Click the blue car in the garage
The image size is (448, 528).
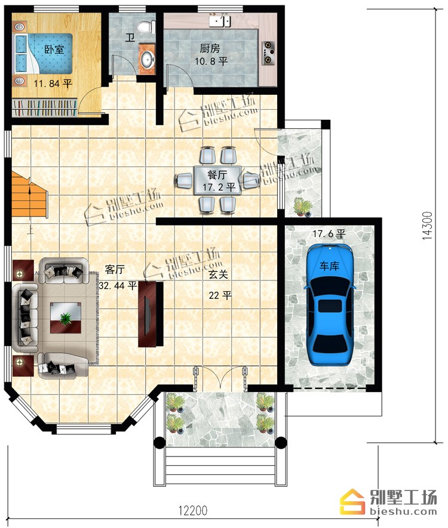[329, 305]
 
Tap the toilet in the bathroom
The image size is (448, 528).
[148, 27]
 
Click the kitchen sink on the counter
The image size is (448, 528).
[220, 21]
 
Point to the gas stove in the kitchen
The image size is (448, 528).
[268, 53]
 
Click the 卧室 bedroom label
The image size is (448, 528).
[54, 50]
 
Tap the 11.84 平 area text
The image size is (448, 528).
[53, 83]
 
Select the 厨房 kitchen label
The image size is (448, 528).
[210, 48]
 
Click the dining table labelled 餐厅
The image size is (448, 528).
[218, 181]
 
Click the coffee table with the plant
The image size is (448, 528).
[66, 318]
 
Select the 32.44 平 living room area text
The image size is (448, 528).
[118, 286]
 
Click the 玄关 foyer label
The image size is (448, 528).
[218, 274]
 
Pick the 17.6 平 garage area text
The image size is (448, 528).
[329, 234]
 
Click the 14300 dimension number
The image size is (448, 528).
[427, 226]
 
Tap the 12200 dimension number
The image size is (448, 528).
[193, 511]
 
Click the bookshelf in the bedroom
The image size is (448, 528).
[44, 108]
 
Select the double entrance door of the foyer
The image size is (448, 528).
[220, 379]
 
